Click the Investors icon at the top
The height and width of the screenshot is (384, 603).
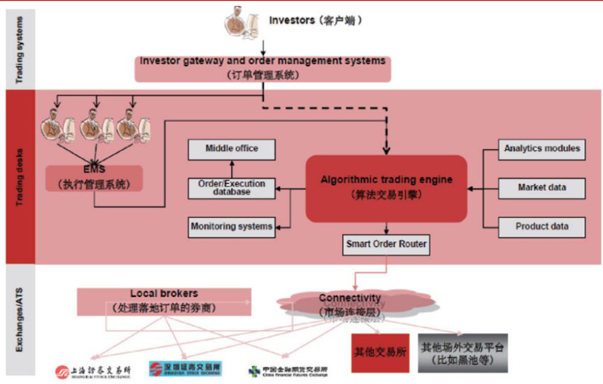240,23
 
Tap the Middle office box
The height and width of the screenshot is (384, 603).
231,149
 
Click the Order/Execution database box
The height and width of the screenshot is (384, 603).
231,188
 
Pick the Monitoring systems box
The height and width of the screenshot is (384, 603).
231,226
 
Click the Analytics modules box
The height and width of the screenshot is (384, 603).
542,149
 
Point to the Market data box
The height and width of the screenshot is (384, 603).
542,188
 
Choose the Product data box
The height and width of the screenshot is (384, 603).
542,227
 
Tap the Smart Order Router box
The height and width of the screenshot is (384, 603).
386,244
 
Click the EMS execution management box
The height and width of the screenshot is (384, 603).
93,178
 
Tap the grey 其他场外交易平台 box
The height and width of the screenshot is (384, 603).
463,352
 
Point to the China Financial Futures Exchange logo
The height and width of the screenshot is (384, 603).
287,371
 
